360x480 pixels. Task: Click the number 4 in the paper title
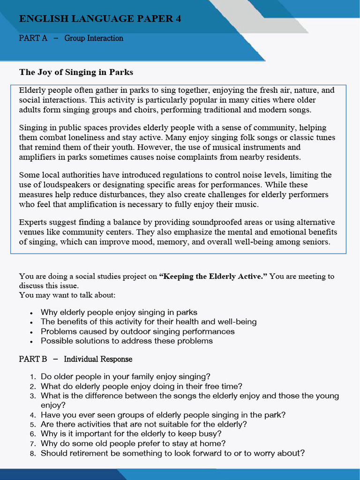click(178, 19)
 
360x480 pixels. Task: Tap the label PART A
click(33, 38)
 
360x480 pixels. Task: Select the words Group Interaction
click(94, 38)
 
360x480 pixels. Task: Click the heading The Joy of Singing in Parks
click(76, 72)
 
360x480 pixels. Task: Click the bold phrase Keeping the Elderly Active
click(213, 276)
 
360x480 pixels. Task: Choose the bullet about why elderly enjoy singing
click(119, 312)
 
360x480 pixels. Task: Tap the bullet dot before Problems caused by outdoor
click(31, 332)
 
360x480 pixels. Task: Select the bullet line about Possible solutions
click(127, 341)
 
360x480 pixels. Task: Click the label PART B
click(33, 359)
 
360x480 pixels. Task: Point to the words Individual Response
click(98, 359)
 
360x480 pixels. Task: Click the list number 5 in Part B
click(33, 425)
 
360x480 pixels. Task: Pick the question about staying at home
click(133, 443)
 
